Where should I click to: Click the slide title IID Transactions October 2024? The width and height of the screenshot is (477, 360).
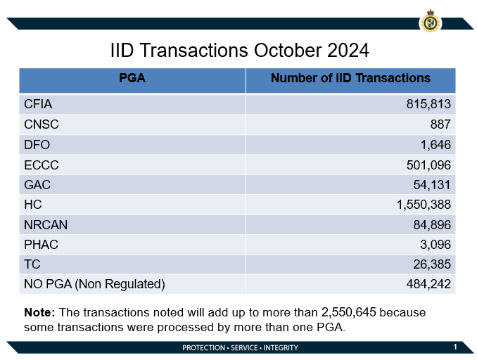tap(240, 51)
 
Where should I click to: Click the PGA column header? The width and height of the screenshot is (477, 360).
tap(132, 79)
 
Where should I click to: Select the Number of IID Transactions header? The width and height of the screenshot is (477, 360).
tap(350, 79)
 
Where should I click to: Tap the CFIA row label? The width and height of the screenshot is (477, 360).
tap(38, 104)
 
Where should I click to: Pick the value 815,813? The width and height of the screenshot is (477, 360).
tap(428, 104)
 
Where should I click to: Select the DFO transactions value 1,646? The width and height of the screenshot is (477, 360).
tap(435, 145)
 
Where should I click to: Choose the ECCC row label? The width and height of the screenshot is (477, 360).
tap(41, 165)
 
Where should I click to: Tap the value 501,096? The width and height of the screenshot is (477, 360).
tap(428, 165)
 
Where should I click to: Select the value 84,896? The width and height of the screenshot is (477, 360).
tap(431, 224)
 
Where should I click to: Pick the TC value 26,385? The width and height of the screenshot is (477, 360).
tap(431, 264)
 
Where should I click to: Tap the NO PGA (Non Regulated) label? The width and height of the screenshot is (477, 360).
tap(94, 284)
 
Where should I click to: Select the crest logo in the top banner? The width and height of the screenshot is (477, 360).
tap(430, 21)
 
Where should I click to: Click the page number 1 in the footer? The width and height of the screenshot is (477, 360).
tap(455, 347)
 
